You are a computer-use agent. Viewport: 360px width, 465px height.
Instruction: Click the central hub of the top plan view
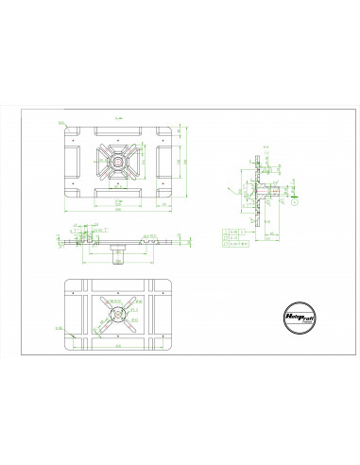tap(119, 164)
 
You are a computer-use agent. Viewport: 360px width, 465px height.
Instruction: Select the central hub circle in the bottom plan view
tap(117, 316)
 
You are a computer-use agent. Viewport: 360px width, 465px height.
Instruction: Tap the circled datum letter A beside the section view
tap(296, 200)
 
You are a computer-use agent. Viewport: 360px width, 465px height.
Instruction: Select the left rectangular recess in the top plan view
tap(73, 164)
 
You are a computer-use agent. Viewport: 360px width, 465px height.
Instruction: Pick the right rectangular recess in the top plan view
tap(165, 164)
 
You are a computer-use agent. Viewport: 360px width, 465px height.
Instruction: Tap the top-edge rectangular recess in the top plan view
tap(119, 131)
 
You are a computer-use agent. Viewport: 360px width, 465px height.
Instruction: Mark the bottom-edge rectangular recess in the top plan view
tap(119, 195)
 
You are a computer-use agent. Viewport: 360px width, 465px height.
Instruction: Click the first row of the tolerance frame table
tap(239, 230)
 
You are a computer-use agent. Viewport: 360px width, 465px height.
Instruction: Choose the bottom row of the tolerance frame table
tap(239, 243)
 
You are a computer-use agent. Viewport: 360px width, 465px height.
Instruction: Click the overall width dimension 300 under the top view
tap(119, 210)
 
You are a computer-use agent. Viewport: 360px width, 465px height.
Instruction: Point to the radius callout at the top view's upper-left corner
tap(61, 122)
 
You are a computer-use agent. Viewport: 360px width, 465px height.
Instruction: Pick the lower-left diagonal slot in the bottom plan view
tap(101, 331)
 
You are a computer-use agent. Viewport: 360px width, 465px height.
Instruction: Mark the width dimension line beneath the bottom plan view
tap(117, 363)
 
